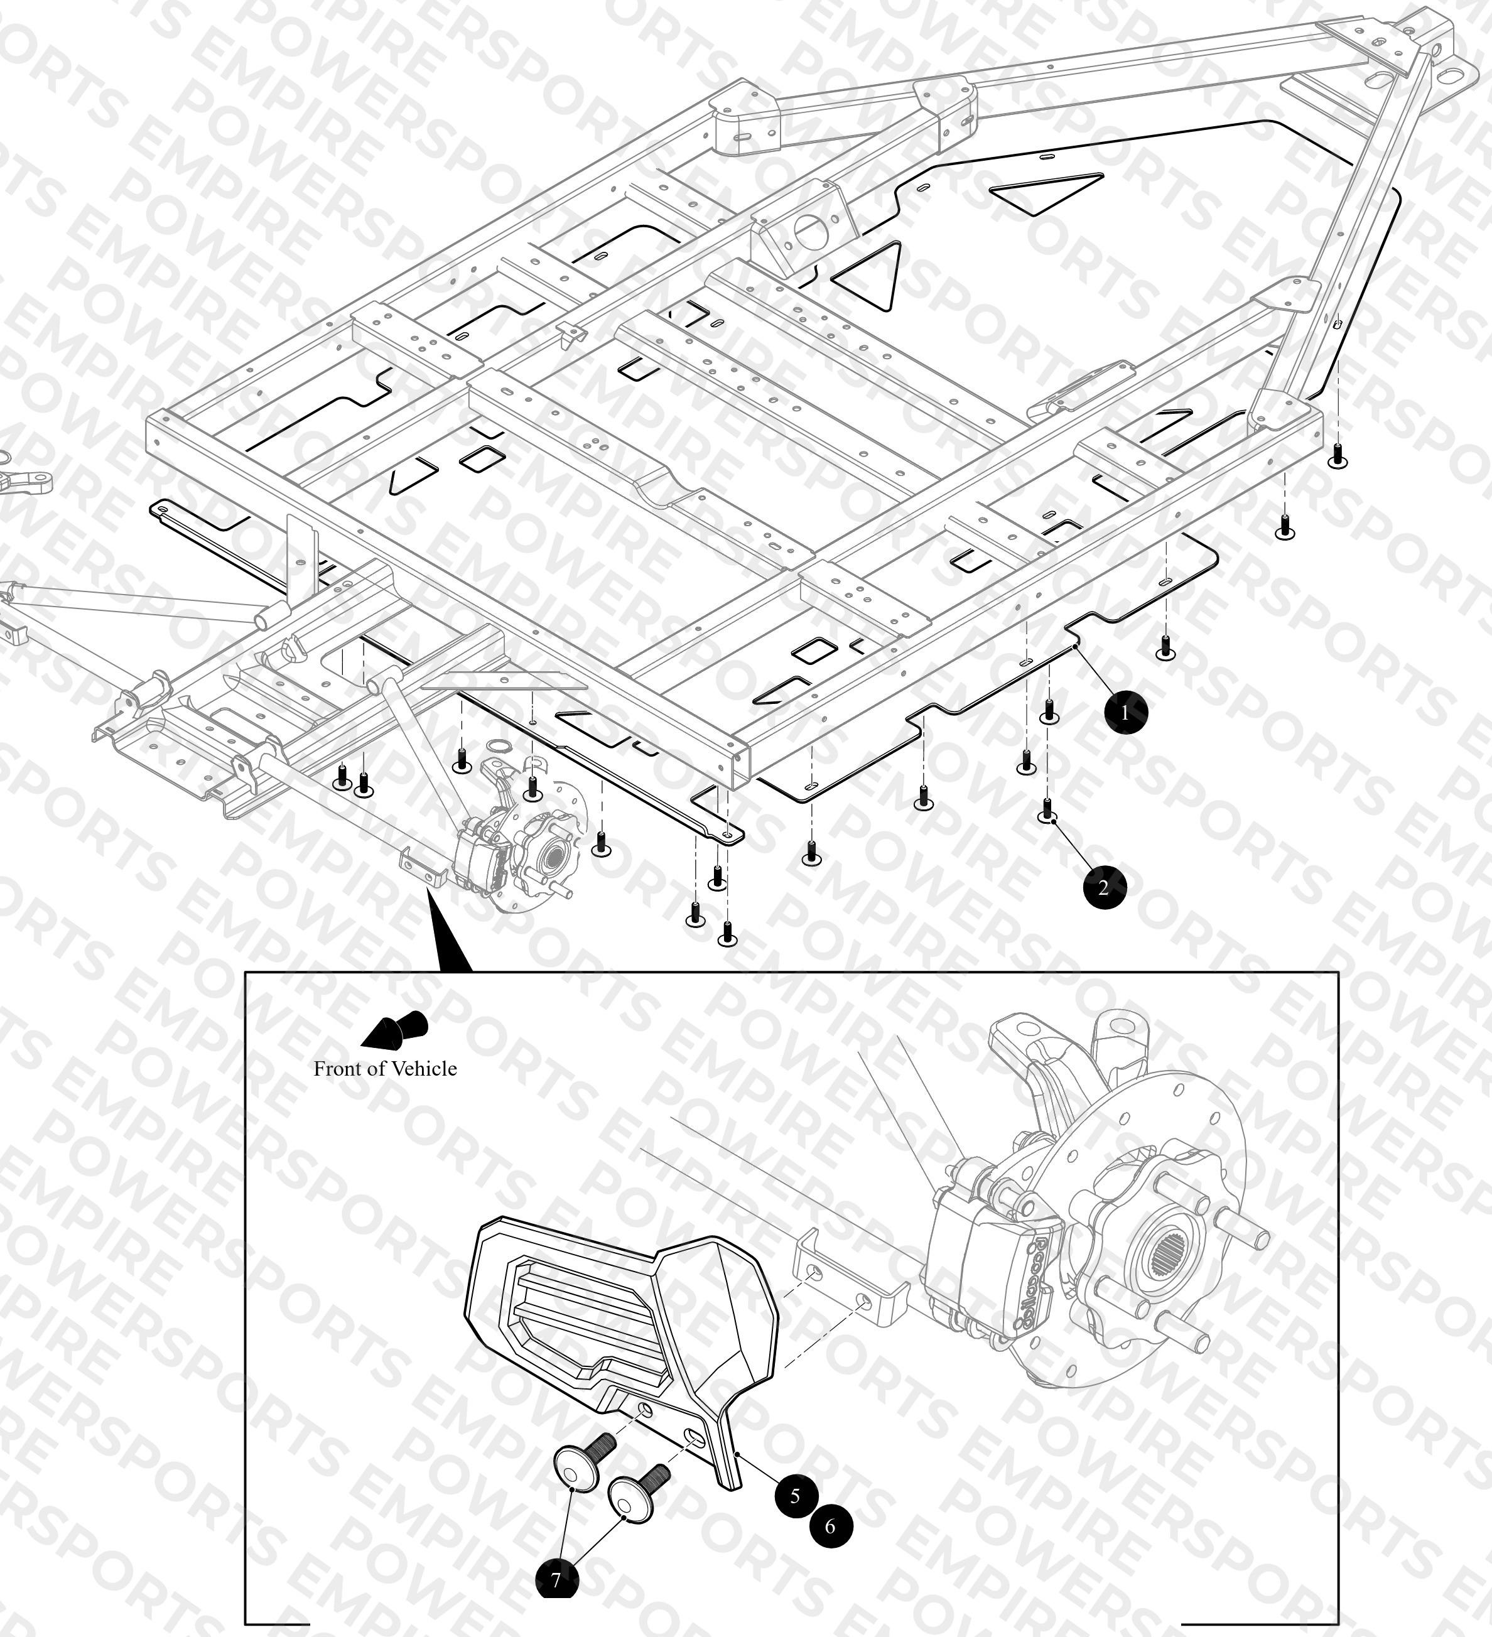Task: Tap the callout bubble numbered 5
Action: point(795,1495)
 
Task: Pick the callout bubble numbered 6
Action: point(830,1526)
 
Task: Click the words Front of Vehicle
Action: point(385,1069)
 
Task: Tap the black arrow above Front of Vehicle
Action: point(395,1030)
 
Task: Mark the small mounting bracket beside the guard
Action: point(849,1280)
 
